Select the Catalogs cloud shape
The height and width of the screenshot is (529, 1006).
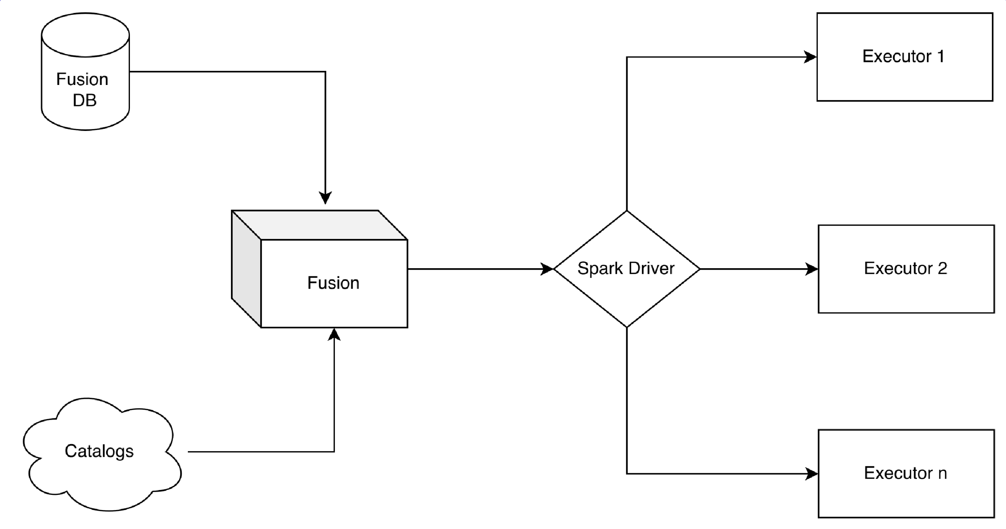99,453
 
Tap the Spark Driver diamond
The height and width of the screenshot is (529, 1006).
626,269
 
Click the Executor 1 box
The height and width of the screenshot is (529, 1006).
904,57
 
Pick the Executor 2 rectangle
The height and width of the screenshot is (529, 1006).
906,269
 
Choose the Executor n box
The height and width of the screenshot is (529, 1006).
906,474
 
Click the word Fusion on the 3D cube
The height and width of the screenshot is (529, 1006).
333,283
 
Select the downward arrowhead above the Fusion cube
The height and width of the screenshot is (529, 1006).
325,198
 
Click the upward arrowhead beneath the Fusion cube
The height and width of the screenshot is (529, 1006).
334,334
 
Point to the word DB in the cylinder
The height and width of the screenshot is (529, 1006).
84,100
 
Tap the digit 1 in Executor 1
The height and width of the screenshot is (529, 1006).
941,57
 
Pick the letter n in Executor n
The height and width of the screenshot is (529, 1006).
943,474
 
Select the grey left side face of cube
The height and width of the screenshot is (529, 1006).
246,269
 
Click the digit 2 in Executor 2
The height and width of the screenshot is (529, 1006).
943,269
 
